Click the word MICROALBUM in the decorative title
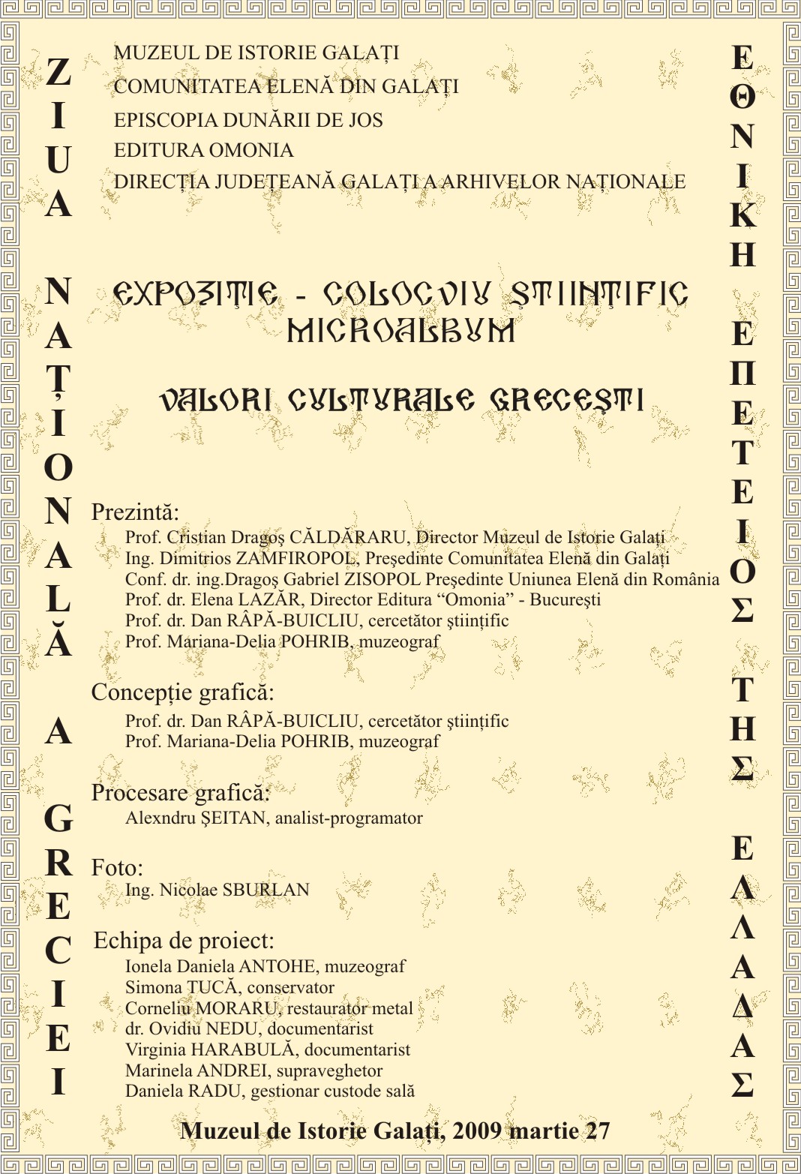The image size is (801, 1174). click(401, 331)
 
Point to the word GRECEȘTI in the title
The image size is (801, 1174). click(567, 400)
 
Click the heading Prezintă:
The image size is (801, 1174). click(135, 512)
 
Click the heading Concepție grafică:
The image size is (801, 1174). click(182, 692)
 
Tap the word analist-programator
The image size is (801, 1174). click(349, 818)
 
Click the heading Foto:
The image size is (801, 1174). click(117, 868)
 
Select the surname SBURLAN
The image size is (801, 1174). click(266, 890)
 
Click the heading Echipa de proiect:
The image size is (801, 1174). click(184, 941)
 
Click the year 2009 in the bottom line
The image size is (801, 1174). click(477, 1131)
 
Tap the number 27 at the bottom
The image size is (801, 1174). click(598, 1131)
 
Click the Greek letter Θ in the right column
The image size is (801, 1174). click(742, 97)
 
